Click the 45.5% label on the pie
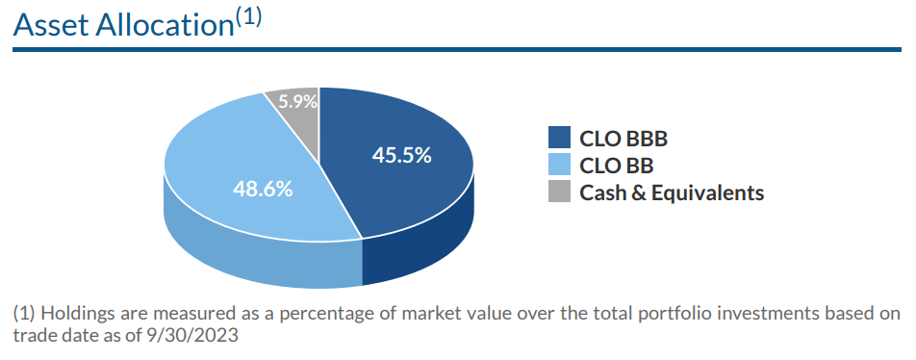tap(401, 156)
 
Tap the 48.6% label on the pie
tap(263, 189)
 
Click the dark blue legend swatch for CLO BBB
tap(559, 139)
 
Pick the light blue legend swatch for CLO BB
tap(559, 166)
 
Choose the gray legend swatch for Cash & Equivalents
tap(559, 193)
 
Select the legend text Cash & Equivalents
tap(672, 193)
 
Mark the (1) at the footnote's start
tap(26, 314)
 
